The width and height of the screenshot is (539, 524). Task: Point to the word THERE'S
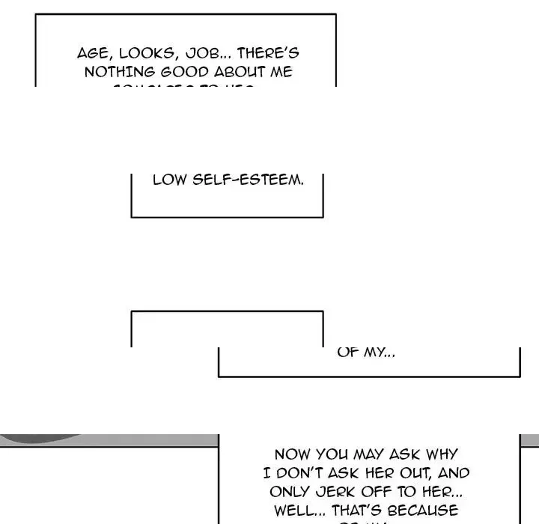click(x=267, y=54)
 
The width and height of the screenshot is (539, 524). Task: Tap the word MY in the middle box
click(x=378, y=352)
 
